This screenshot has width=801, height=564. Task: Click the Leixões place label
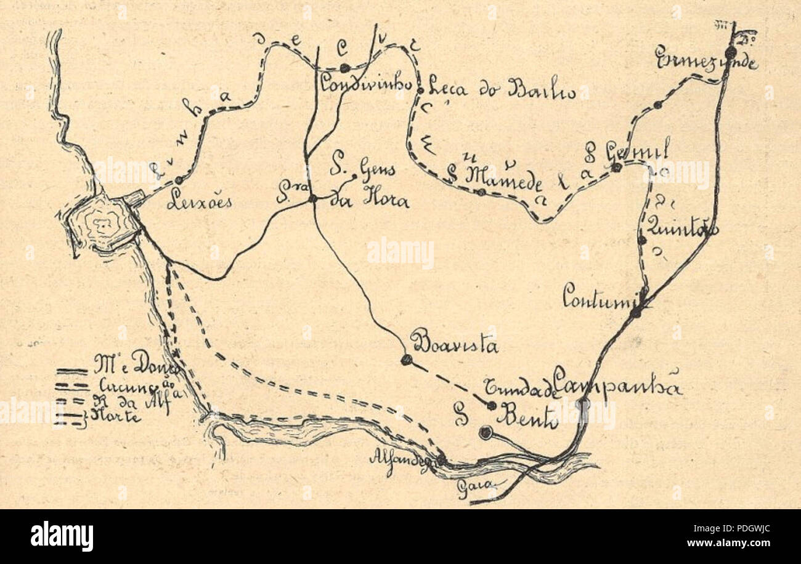(x=199, y=202)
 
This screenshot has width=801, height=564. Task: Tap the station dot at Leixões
(x=179, y=180)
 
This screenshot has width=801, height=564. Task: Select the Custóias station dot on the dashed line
(x=344, y=68)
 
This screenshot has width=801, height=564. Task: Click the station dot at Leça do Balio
(x=420, y=91)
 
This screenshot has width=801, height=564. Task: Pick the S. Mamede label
(x=497, y=177)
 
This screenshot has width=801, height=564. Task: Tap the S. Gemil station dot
(x=616, y=167)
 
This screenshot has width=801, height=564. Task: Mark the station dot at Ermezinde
(x=730, y=52)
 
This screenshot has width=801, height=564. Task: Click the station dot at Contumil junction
(x=635, y=312)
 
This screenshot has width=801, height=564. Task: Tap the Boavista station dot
(x=406, y=360)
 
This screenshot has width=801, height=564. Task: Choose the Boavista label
(x=454, y=345)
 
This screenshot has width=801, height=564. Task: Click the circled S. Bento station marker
(x=486, y=433)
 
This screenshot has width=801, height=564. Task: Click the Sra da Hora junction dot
(x=312, y=198)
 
